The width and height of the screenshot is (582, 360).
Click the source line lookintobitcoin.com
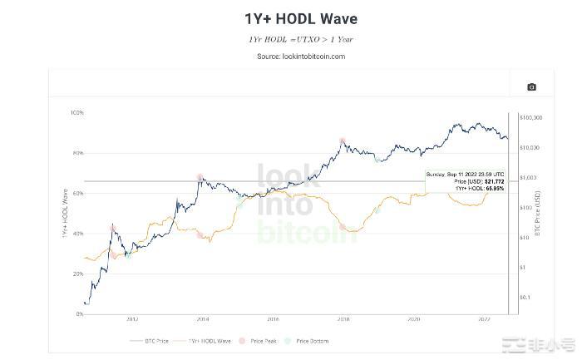coord(301,57)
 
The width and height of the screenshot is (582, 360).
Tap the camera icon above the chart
coord(531,86)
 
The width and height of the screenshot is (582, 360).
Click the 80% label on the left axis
coord(77,153)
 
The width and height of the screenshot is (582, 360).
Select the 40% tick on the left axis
coord(77,234)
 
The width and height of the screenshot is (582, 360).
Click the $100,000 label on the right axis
coord(532,118)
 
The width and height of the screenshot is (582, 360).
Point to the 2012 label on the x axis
coord(132,319)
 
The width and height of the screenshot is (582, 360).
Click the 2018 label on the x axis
coord(343,319)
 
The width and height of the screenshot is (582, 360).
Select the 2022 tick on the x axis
coord(484,319)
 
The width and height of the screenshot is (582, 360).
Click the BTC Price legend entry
coord(156,341)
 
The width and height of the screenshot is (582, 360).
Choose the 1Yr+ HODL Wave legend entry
coord(209,341)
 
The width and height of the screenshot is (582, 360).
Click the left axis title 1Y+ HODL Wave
coord(64,214)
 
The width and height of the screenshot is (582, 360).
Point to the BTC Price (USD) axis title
coord(537,214)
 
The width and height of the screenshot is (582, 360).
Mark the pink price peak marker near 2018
coord(343,141)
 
